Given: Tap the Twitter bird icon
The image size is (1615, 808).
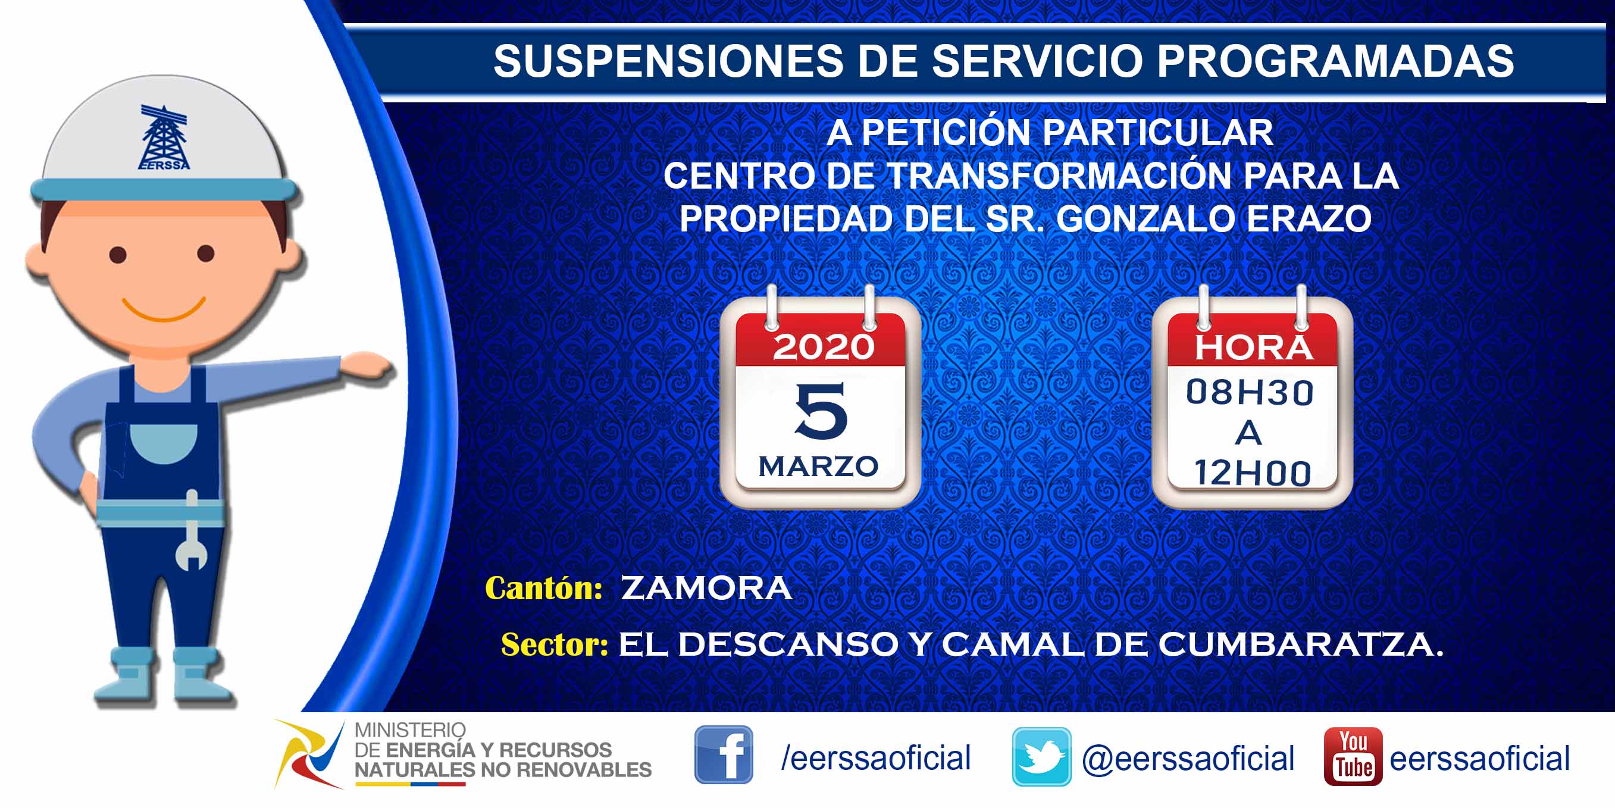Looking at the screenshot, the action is tap(1041, 757).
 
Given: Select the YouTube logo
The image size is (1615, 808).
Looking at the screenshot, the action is tap(1353, 757).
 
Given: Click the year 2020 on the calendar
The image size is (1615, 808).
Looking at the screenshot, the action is tap(823, 347).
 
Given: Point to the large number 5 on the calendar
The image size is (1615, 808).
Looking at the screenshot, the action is tap(821, 411).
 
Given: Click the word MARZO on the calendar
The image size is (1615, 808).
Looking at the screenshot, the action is tap(818, 466).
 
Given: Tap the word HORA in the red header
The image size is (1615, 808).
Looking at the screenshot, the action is tap(1253, 347).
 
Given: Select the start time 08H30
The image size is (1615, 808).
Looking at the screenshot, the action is tap(1250, 393).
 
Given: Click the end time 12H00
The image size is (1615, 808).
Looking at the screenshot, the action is tap(1252, 472).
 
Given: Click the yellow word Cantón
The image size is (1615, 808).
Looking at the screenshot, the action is tap(543, 588).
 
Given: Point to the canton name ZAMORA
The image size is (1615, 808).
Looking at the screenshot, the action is tap(706, 588).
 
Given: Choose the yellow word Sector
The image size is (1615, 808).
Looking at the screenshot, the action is tap(555, 644).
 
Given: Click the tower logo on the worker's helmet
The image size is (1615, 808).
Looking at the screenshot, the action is tap(164, 137).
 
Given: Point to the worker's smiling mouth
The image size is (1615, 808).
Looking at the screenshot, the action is tap(164, 309).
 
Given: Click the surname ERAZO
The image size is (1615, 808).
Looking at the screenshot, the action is tap(1309, 219).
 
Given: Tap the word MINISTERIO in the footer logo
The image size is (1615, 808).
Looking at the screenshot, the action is tap(410, 730).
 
